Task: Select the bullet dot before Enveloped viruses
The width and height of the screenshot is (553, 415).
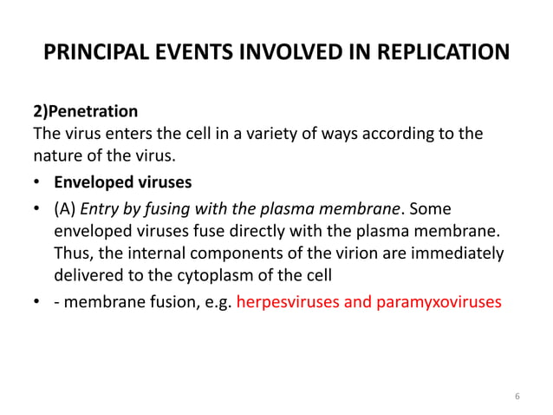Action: point(39,184)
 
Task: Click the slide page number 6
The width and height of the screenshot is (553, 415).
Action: point(517,397)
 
